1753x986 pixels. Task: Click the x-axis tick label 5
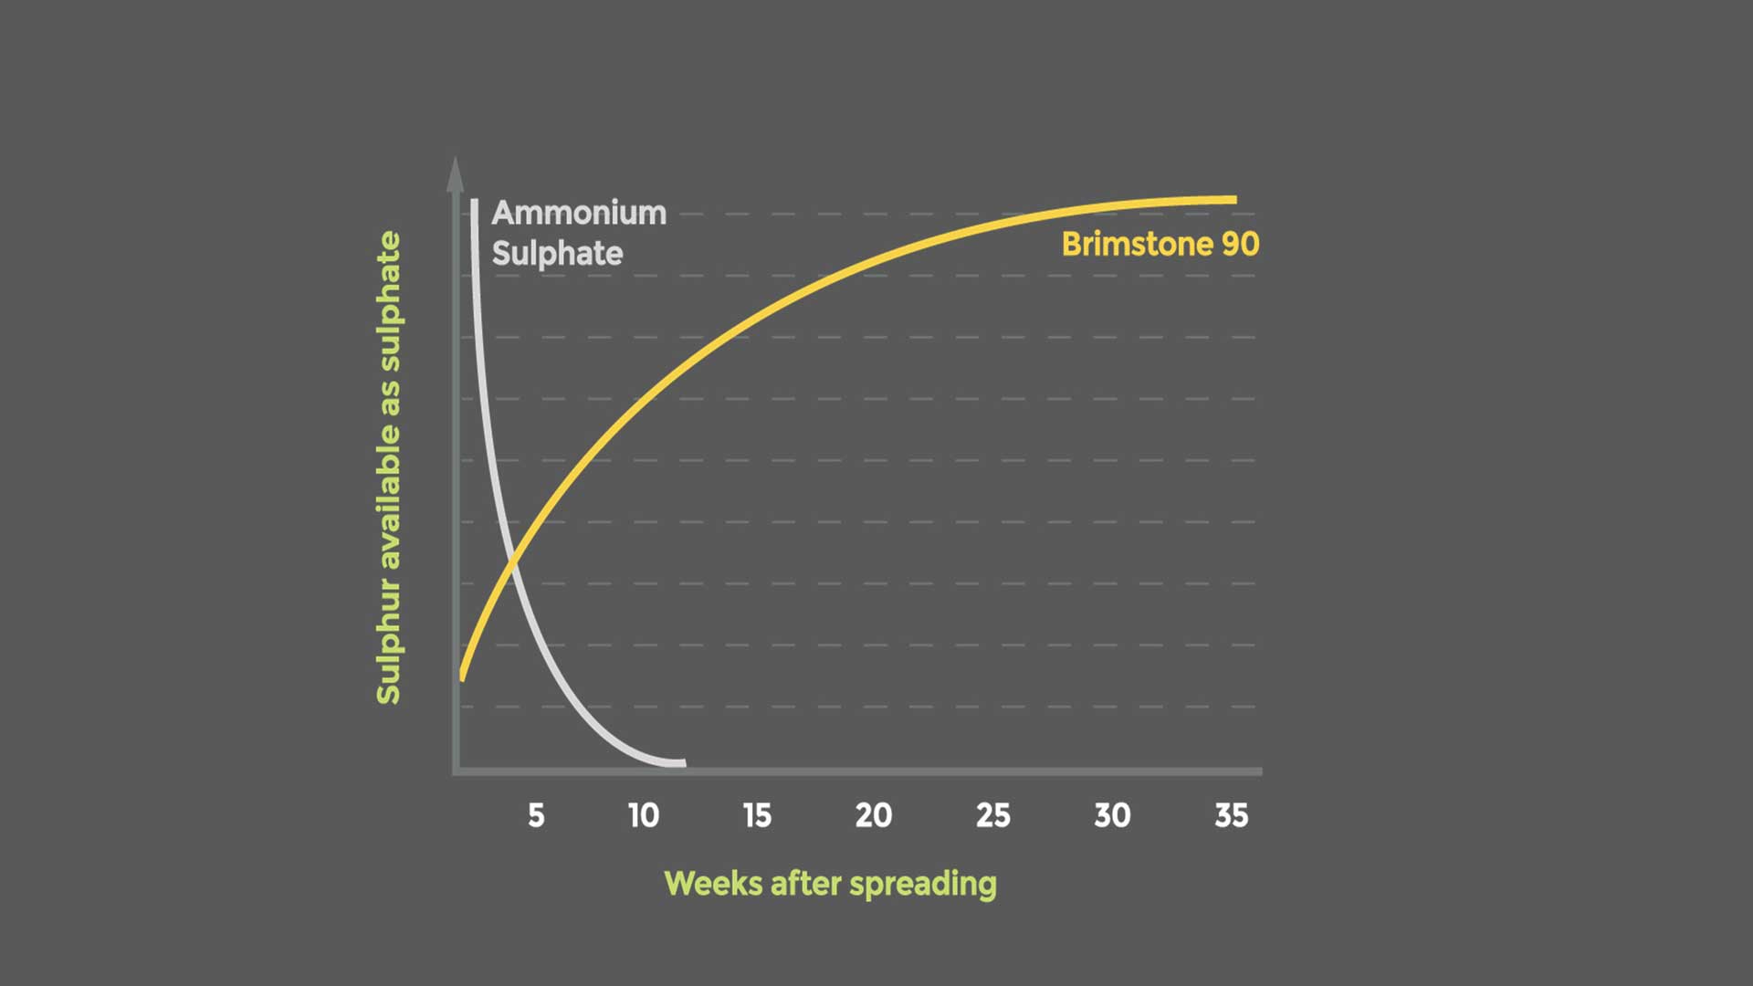point(536,815)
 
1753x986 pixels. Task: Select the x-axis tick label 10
point(644,815)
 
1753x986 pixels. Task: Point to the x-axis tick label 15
point(757,815)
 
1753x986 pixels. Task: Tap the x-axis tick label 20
point(874,815)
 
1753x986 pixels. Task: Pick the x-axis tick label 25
point(993,815)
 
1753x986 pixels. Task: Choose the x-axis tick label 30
point(1112,815)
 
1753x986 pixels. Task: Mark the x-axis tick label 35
point(1232,815)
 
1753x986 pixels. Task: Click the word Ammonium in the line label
point(579,213)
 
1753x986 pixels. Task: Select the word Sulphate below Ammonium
point(557,253)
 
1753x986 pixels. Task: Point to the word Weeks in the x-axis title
point(713,884)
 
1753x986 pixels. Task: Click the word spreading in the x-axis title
point(923,885)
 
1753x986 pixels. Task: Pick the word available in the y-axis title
point(389,504)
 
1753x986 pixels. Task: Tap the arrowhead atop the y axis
point(455,173)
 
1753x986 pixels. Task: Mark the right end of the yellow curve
point(1236,199)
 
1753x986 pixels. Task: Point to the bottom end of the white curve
point(683,763)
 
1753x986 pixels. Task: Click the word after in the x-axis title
point(805,884)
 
